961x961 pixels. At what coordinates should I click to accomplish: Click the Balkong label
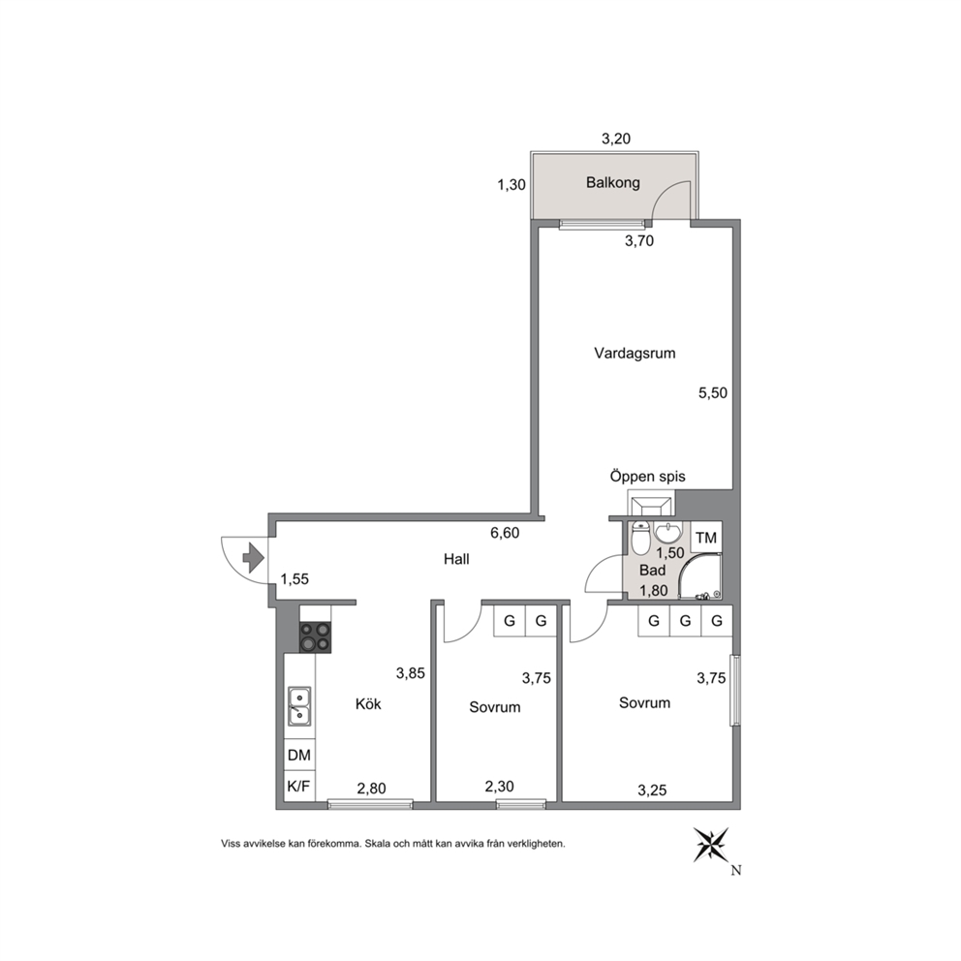(x=613, y=183)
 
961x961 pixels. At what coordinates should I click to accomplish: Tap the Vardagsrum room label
(x=635, y=354)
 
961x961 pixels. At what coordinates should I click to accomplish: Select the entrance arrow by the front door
(x=254, y=558)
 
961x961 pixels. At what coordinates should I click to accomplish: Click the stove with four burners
(x=315, y=636)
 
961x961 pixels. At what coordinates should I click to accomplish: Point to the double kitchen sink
(x=299, y=706)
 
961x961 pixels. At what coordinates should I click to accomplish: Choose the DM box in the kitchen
(x=299, y=755)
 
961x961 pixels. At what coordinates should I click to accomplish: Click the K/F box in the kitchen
(x=299, y=787)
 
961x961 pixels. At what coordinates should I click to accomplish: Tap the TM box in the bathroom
(x=706, y=538)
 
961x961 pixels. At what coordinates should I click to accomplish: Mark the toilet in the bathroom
(x=639, y=538)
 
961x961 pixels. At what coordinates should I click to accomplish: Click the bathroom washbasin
(x=668, y=532)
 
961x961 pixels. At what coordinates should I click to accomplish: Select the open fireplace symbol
(x=650, y=505)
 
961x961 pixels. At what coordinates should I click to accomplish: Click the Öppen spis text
(x=648, y=477)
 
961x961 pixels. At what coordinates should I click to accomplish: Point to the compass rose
(x=711, y=845)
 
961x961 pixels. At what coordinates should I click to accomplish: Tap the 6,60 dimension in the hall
(x=505, y=533)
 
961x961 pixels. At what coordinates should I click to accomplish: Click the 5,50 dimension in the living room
(x=713, y=393)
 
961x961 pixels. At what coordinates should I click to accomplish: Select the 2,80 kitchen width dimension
(x=371, y=789)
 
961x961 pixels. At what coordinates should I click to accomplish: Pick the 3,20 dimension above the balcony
(x=616, y=139)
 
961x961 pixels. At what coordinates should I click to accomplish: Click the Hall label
(x=456, y=559)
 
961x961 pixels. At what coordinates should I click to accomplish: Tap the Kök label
(x=368, y=703)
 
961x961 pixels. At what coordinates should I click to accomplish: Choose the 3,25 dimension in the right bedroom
(x=652, y=790)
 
